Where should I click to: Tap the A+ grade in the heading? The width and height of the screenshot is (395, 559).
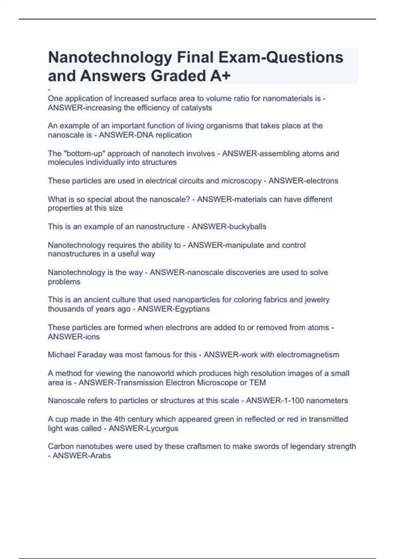point(220,76)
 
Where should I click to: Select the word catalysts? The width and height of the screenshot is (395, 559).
point(197,108)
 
